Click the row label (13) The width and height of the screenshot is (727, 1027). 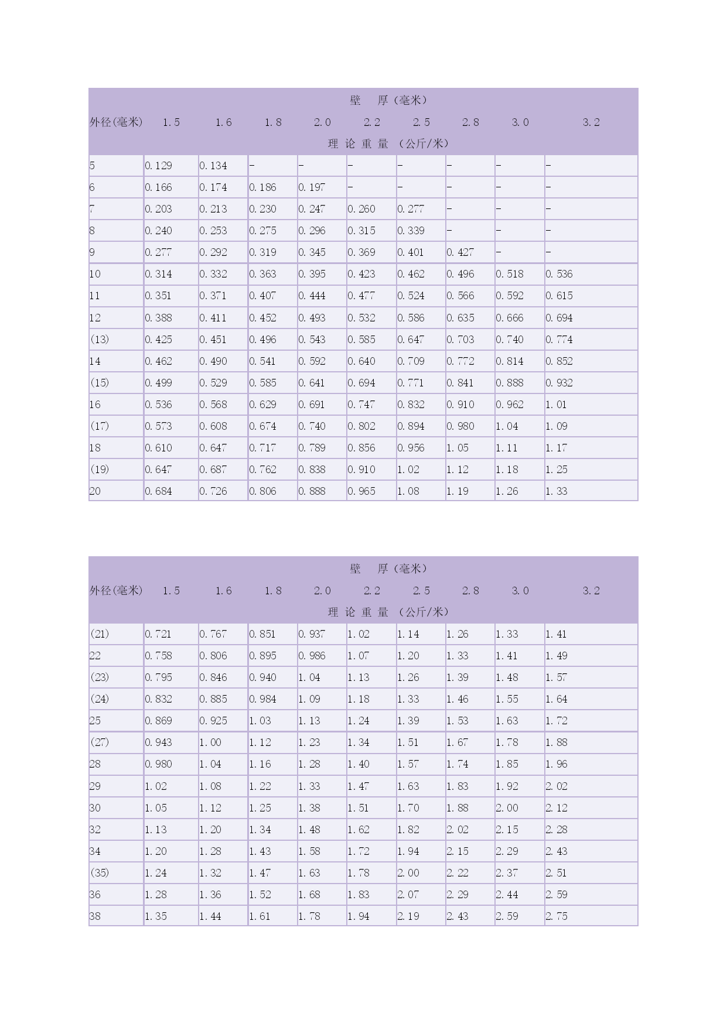point(100,340)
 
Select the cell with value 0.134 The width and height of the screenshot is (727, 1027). point(213,166)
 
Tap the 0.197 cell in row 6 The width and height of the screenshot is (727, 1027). point(312,187)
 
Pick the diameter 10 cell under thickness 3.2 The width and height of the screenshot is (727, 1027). point(559,274)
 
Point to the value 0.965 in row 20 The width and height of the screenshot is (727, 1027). point(361,491)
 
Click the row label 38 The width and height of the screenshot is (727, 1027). point(95,916)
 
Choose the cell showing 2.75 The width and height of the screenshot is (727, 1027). point(557,916)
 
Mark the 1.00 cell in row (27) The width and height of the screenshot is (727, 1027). point(210,742)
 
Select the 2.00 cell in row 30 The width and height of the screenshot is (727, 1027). point(507,808)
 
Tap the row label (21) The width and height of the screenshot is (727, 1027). point(100,634)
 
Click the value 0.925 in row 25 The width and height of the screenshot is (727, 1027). point(213,721)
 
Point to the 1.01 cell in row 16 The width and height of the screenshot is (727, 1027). point(556,405)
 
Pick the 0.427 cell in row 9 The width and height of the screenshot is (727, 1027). point(460,252)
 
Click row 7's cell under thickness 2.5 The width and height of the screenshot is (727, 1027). point(411,209)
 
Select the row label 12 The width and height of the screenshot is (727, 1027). point(95,318)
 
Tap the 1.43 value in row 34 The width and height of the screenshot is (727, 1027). point(260,851)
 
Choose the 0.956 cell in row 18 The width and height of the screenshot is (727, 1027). point(411,448)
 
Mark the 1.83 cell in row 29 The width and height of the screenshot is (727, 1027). point(458,786)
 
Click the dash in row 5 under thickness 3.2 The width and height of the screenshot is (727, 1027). point(548,166)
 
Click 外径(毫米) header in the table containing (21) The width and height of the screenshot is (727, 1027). point(116,591)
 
